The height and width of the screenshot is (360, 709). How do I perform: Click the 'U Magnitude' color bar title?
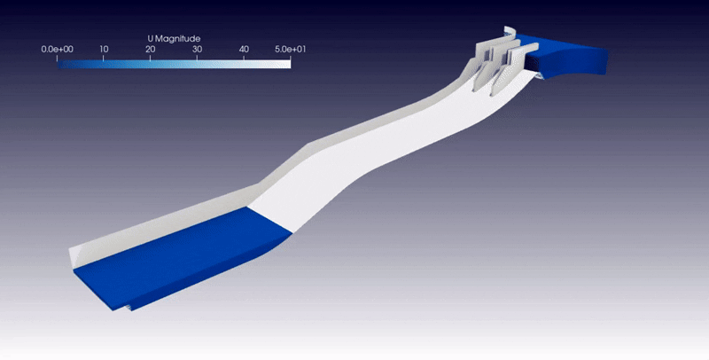174,39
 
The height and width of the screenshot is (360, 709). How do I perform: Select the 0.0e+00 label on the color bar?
57,50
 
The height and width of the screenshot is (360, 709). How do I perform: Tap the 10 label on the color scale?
104,50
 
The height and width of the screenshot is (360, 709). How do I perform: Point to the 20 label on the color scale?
151,50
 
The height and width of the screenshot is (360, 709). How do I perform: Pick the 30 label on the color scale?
197,50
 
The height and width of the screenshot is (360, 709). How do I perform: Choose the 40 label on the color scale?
244,50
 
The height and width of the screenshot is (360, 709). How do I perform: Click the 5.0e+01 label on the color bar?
291,50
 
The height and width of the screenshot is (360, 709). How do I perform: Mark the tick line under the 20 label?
151,58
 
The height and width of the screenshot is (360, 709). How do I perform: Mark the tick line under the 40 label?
244,58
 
